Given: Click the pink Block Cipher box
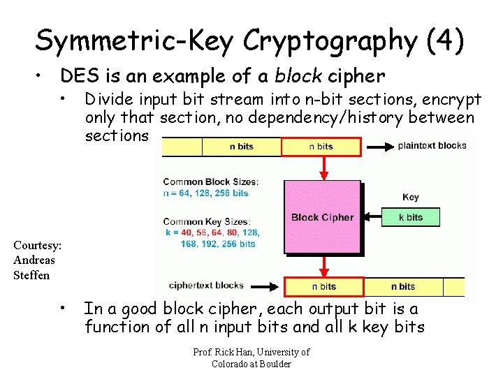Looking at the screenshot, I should pos(322,216).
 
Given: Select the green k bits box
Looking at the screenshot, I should pos(411,217).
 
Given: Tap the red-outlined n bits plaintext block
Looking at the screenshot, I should pos(321,147).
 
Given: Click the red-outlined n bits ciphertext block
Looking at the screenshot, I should pos(323,286).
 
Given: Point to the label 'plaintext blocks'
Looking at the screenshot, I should pos(432,146).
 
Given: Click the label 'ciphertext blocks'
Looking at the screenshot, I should pos(206,285).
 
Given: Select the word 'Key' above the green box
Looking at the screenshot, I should pos(411,198).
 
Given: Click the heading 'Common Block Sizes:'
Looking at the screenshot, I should pos(210,182).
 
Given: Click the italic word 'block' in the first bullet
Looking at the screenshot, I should pos(298,75).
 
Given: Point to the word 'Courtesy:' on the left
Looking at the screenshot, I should pos(38,246).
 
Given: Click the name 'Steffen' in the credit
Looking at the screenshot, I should pos(31,275).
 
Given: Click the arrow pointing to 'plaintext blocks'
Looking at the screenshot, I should pos(378,147).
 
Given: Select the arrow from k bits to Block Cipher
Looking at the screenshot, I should pos(371,217).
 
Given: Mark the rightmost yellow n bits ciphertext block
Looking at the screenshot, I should pos(403,286).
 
